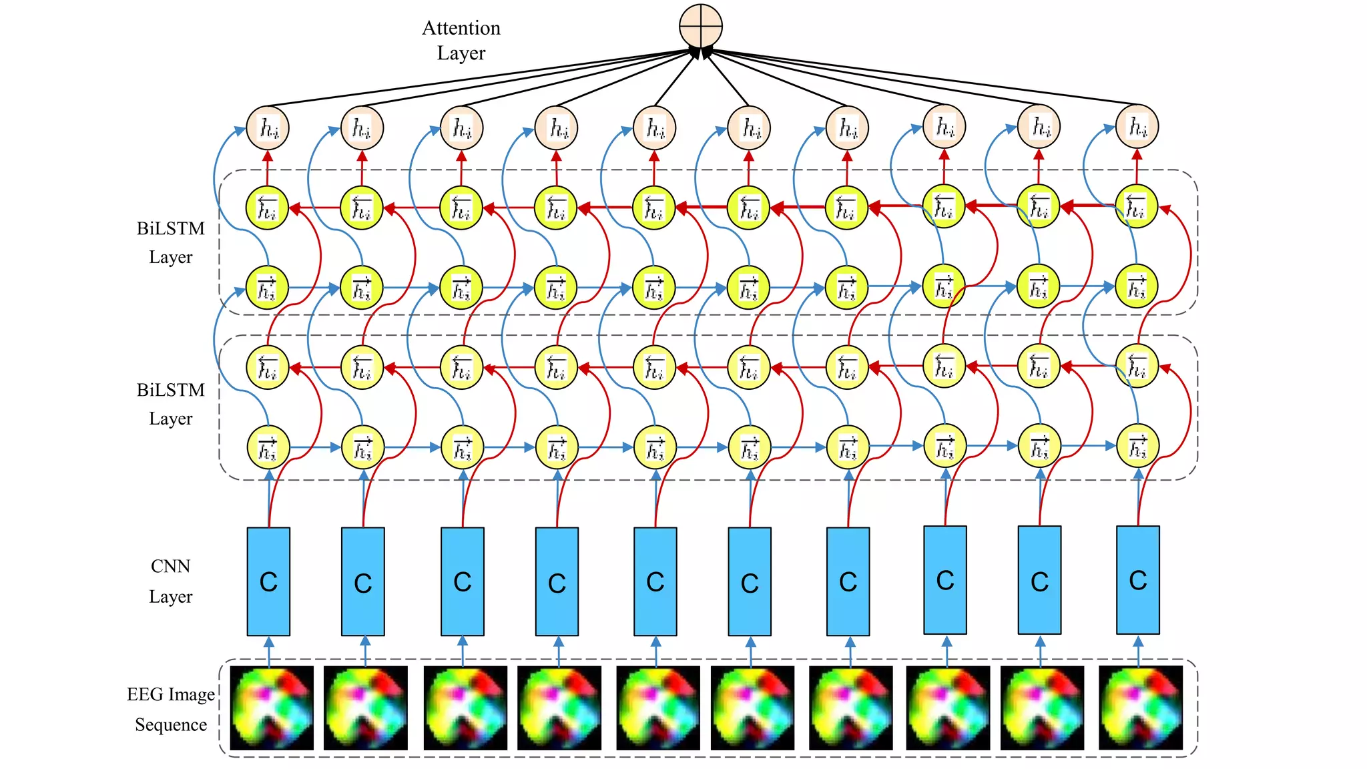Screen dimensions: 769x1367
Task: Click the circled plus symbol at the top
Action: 701,26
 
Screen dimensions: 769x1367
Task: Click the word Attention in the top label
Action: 461,28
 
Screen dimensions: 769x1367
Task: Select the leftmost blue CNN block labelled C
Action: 268,581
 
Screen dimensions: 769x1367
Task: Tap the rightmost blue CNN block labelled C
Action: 1137,579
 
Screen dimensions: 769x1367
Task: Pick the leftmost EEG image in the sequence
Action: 272,708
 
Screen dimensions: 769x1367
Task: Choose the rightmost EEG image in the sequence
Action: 1140,707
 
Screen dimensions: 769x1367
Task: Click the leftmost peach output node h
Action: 268,127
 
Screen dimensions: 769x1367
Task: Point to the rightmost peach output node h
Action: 1137,126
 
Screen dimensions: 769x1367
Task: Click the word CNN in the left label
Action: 170,566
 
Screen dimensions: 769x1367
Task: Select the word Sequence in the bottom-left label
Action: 171,725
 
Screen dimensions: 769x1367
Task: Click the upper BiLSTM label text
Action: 170,229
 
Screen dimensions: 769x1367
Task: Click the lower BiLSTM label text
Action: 170,391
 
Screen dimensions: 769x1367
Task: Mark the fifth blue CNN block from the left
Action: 655,581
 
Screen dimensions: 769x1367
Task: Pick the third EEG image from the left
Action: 465,708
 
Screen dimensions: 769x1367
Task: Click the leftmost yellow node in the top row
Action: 267,208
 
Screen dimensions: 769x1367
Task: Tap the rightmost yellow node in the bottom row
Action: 1137,446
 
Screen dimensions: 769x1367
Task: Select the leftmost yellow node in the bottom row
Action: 268,447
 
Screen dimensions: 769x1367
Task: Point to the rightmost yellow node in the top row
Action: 1136,206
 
